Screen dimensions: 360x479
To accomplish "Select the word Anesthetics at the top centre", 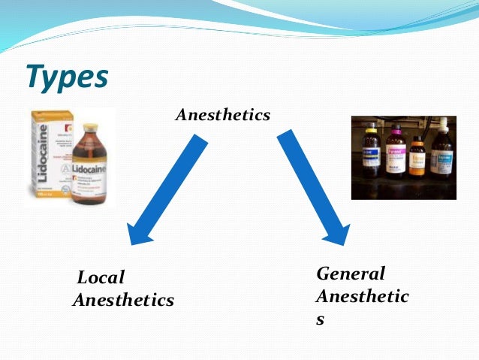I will tap(222, 116).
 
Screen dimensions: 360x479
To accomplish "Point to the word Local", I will tap(101, 278).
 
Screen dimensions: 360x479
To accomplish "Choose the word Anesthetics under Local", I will tap(123, 301).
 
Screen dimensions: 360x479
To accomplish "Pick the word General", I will tap(351, 274).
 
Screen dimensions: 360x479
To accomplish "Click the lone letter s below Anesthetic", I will tap(321, 319).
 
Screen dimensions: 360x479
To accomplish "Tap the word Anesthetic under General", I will tap(362, 296).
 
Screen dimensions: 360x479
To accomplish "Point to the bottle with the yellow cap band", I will tap(371, 154).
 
